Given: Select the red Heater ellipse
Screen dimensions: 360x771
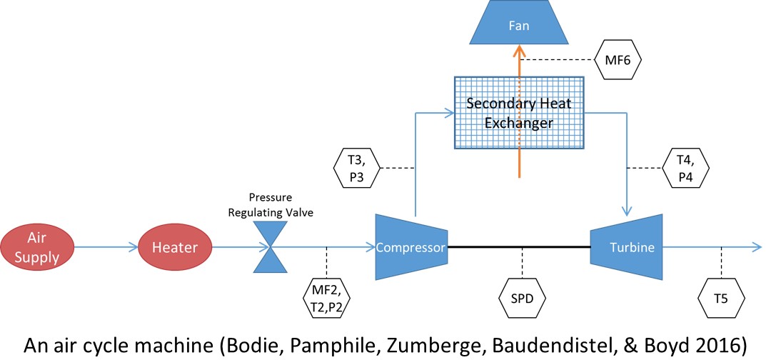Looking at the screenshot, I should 174,247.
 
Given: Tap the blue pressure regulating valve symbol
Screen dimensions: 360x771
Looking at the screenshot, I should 269,248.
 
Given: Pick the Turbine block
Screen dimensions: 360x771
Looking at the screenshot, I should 627,247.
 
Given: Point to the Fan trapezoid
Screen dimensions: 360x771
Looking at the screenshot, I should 519,25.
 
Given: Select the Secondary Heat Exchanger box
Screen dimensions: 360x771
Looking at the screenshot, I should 519,112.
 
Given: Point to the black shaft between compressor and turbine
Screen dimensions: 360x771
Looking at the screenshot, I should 519,247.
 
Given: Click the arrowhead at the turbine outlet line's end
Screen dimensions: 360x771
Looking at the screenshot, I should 757,247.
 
